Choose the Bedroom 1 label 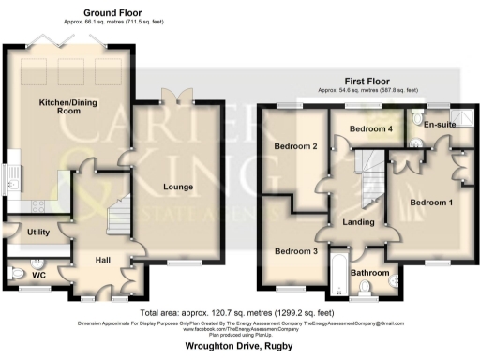(430, 202)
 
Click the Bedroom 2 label (296, 146)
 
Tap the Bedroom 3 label (295, 251)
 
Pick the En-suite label (440, 124)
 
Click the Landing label (359, 223)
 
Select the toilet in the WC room (19, 274)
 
